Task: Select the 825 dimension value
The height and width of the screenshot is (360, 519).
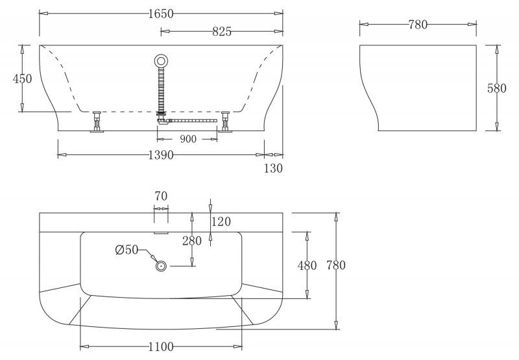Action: click(221, 31)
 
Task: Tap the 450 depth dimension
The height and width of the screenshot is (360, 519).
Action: click(22, 78)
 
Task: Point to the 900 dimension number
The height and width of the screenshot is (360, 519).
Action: click(188, 139)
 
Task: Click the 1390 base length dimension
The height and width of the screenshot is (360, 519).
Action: click(161, 155)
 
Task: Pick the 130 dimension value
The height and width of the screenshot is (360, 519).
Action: click(274, 169)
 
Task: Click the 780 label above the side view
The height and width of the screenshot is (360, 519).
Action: click(418, 25)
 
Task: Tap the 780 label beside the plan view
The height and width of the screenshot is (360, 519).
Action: click(335, 265)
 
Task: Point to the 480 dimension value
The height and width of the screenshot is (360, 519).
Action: click(306, 265)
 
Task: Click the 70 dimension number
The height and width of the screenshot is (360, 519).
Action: click(161, 195)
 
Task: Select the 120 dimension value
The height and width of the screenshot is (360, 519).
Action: click(221, 222)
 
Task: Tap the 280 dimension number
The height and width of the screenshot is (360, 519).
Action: click(191, 241)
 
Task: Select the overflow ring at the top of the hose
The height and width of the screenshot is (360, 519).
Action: click(161, 62)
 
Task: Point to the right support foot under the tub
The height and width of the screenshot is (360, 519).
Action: click(225, 122)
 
